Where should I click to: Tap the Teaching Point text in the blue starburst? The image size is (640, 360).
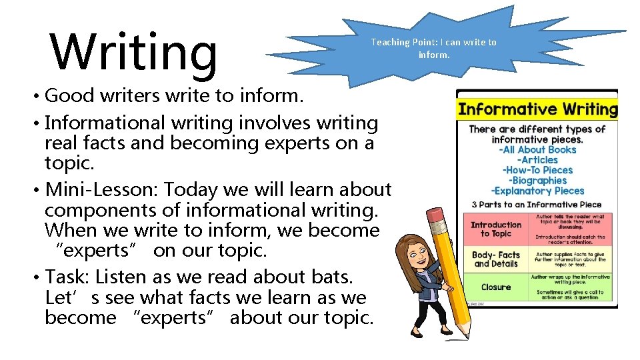[433, 48]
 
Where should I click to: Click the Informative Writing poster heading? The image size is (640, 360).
[537, 109]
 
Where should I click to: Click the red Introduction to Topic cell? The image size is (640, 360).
[496, 229]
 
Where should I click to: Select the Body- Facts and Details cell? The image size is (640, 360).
[496, 259]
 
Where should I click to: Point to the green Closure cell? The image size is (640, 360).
[496, 287]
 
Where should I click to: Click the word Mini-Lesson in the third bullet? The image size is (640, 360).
[100, 190]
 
